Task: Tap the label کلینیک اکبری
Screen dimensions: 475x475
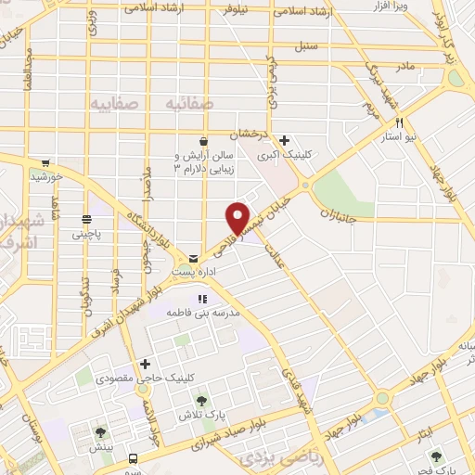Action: pyautogui.click(x=284, y=156)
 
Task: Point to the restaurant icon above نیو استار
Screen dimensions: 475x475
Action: pyautogui.click(x=400, y=122)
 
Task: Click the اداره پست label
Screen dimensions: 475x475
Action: pyautogui.click(x=193, y=272)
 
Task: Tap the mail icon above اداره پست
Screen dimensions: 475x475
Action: pyautogui.click(x=193, y=257)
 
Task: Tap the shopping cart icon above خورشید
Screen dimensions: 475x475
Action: pyautogui.click(x=45, y=160)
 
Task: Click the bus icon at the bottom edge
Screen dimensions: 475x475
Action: pyautogui.click(x=133, y=458)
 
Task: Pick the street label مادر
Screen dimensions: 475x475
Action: pyautogui.click(x=404, y=67)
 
